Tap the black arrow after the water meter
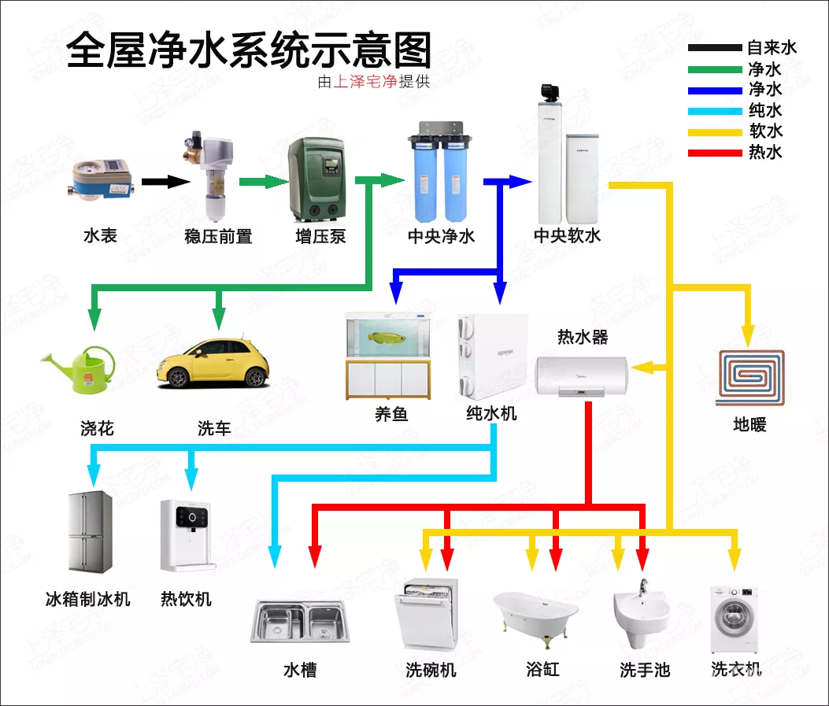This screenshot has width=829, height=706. pyautogui.click(x=166, y=182)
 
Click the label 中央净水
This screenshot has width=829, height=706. pyautogui.click(x=441, y=236)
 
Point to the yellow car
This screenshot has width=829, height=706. pyautogui.click(x=213, y=363)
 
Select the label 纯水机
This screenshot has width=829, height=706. pyautogui.click(x=491, y=412)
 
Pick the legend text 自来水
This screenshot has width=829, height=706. pyautogui.click(x=772, y=48)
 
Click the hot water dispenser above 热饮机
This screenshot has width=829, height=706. pyautogui.click(x=187, y=534)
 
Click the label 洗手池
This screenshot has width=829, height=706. pyautogui.click(x=644, y=671)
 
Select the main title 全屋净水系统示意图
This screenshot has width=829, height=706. pyautogui.click(x=249, y=52)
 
